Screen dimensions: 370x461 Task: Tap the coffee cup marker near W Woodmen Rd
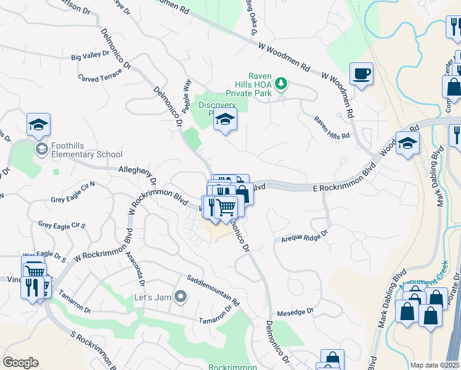click(361, 75)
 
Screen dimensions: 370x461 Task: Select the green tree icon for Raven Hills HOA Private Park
click(281, 83)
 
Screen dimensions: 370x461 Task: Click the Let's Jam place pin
click(181, 297)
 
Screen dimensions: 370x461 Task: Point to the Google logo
click(20, 363)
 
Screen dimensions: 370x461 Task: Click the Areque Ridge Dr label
click(305, 237)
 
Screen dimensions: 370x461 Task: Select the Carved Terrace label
click(100, 75)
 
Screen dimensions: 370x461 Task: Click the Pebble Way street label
click(187, 96)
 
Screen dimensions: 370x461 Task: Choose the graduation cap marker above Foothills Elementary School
click(38, 125)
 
